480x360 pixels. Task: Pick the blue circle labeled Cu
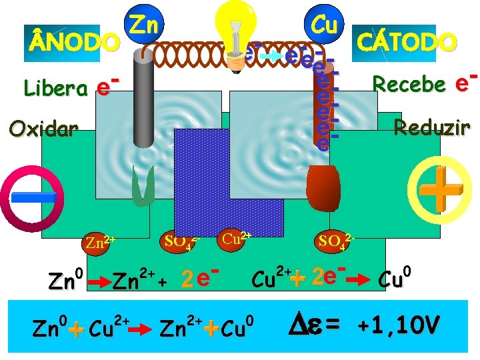323,25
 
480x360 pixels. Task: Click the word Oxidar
43,127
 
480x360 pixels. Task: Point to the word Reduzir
432,127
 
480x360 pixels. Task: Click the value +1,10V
398,325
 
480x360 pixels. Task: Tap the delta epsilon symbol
308,325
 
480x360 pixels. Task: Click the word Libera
56,87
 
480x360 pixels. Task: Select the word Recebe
409,84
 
